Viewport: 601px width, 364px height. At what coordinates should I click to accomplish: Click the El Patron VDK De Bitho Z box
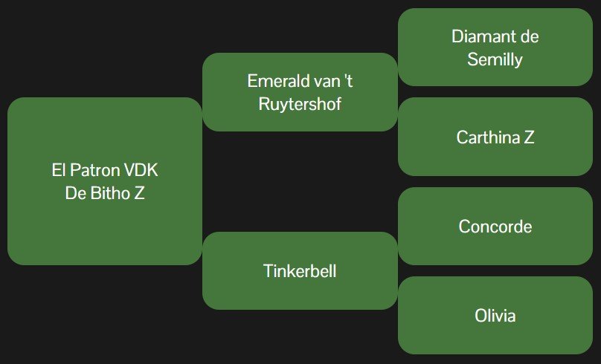(x=104, y=181)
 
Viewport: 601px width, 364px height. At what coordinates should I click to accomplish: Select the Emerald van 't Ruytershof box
(x=300, y=92)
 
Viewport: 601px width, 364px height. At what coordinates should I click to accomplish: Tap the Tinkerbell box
(x=300, y=270)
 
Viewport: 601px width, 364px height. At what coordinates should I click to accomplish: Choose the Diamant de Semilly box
(x=495, y=48)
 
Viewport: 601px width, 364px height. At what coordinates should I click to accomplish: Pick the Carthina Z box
(x=495, y=137)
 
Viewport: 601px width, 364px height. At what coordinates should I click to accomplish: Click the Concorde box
(x=495, y=226)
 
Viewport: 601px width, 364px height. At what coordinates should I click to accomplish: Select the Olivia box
(x=495, y=315)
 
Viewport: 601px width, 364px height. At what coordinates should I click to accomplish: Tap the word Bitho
(x=105, y=192)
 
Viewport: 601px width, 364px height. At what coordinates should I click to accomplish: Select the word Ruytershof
(x=300, y=103)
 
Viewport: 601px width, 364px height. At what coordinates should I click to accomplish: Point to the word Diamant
(x=485, y=36)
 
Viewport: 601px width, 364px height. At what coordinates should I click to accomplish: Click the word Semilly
(x=495, y=59)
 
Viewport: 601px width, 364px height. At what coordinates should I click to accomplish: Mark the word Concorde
(x=495, y=226)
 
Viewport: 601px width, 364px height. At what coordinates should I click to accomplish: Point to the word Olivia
(x=495, y=315)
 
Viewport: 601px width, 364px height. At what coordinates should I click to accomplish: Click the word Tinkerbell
(x=300, y=270)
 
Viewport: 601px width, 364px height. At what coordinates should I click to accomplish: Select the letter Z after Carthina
(x=528, y=137)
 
